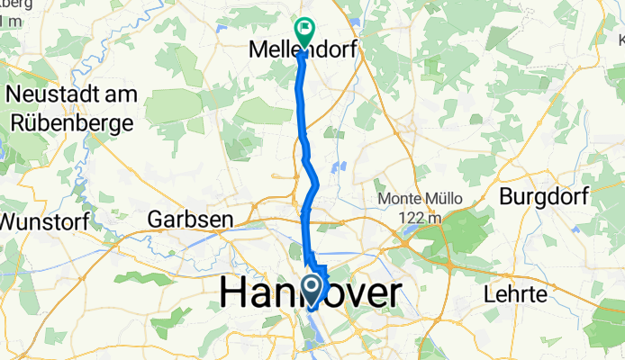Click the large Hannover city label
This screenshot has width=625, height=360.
coord(310,294)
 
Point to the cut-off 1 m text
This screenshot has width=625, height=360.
coord(12,20)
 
